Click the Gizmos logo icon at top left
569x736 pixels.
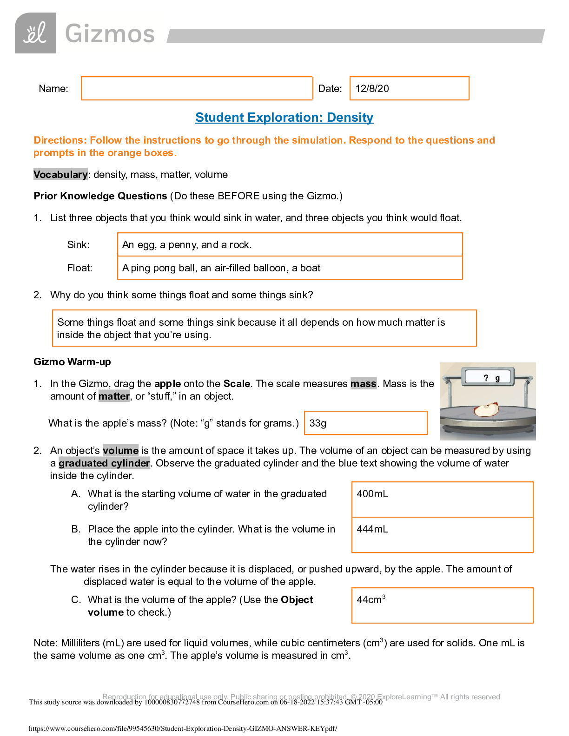[x=35, y=33]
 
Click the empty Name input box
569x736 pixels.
[x=197, y=88]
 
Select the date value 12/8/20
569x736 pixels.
[x=372, y=89]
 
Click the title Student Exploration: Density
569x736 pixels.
[x=284, y=118]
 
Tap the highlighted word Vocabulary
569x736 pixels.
[x=60, y=174]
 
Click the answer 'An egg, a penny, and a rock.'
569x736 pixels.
[x=187, y=245]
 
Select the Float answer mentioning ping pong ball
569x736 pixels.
[x=221, y=268]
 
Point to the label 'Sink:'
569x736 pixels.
[x=78, y=245]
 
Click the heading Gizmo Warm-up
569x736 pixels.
[x=72, y=362]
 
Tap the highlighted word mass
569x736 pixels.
[x=363, y=384]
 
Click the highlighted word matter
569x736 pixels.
[x=114, y=396]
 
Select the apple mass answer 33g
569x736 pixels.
[x=318, y=423]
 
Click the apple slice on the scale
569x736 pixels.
[x=486, y=410]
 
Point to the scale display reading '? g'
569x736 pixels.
[x=489, y=377]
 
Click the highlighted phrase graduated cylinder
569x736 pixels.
[x=104, y=463]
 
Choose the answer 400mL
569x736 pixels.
[x=372, y=494]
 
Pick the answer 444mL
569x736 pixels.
[x=372, y=529]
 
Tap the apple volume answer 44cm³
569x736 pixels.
[x=371, y=600]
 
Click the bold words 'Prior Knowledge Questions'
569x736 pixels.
[x=100, y=196]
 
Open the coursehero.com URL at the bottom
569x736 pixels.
[x=183, y=729]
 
